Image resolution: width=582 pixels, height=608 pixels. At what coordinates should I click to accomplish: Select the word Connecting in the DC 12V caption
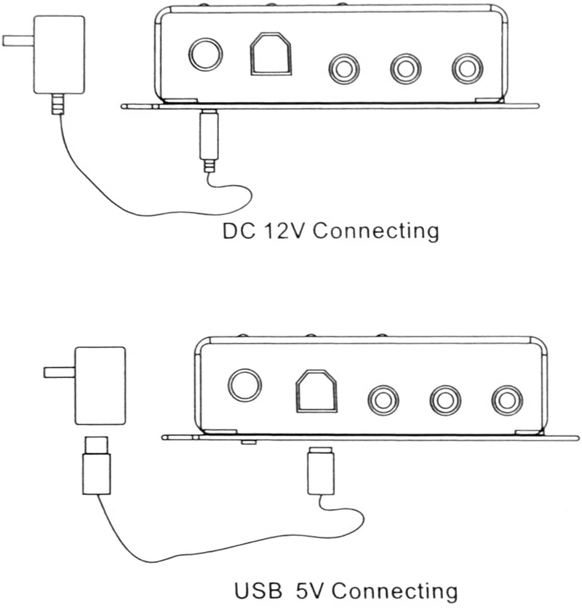375,232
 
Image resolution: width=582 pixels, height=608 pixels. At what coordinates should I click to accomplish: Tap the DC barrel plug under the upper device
208,138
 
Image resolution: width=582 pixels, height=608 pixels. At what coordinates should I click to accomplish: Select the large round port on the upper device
205,55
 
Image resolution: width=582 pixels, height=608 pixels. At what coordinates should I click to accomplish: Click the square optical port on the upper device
271,55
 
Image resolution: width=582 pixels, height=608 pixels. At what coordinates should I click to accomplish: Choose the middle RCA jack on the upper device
404,68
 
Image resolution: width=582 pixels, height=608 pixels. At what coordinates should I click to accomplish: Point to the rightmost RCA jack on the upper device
466,68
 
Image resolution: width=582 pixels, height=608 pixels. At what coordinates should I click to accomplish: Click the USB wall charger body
100,385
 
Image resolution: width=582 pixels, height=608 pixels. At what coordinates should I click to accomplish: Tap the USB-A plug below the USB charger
96,470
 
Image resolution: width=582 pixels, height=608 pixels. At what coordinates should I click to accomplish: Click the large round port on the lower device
245,385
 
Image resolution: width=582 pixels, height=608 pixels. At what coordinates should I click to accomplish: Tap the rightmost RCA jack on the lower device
506,399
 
